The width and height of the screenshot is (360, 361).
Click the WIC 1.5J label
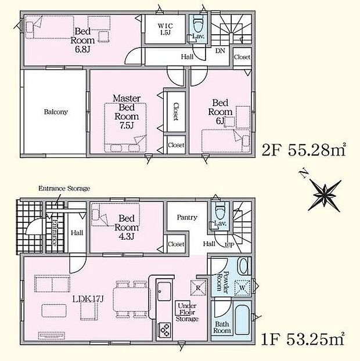pos(165,29)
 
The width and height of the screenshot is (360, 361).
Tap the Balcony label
pos(56,112)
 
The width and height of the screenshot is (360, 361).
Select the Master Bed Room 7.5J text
pos(127,112)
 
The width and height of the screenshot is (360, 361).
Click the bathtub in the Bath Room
pos(242,320)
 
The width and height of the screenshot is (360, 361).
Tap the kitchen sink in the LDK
pos(164,291)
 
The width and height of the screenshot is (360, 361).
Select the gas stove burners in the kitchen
pos(165,330)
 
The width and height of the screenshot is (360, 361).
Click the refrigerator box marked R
pos(198,287)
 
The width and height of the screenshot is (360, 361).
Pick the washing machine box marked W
pos(242,288)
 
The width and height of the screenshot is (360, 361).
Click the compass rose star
pos(325,196)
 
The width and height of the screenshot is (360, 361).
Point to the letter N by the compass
pos(304,174)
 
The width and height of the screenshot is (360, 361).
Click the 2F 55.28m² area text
pos(304,150)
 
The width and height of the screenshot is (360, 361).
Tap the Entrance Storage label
pos(64,189)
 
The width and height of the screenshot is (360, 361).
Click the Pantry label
pos(187,217)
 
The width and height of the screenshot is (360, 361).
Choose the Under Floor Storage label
pos(187,312)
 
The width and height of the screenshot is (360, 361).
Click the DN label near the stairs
pos(220,50)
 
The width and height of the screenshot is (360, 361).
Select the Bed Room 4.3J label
pos(127,228)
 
